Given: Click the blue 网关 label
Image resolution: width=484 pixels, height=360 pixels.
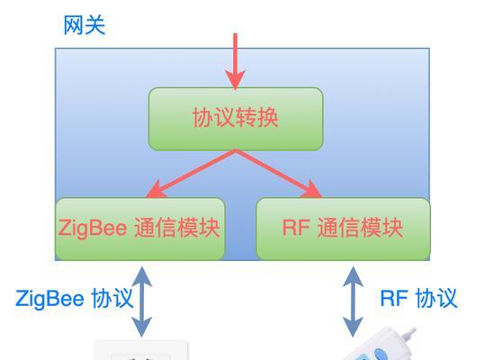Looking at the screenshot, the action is pyautogui.click(x=85, y=25).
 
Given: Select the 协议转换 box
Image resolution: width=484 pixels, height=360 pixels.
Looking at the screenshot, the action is pyautogui.click(x=236, y=119).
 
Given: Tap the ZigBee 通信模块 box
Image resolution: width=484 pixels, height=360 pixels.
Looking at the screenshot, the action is pyautogui.click(x=140, y=229).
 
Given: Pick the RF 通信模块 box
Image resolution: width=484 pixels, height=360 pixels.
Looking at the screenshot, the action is pyautogui.click(x=343, y=229).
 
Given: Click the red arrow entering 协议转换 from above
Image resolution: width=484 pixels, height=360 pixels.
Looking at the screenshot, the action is pyautogui.click(x=235, y=61).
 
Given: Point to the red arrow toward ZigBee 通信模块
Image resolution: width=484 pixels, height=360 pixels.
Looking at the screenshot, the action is pyautogui.click(x=191, y=174).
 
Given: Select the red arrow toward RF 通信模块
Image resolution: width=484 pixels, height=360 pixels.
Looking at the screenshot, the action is pyautogui.click(x=278, y=174).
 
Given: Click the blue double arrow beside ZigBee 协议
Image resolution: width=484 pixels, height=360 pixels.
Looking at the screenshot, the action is pyautogui.click(x=141, y=301).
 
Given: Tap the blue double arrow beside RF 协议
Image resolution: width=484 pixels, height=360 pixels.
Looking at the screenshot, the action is pyautogui.click(x=353, y=301).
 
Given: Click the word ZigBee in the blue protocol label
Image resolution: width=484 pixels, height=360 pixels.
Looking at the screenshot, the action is pyautogui.click(x=49, y=299).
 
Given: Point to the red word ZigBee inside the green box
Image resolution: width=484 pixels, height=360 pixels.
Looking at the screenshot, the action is pyautogui.click(x=93, y=229).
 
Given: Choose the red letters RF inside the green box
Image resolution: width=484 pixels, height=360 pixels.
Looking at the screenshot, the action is pyautogui.click(x=296, y=228).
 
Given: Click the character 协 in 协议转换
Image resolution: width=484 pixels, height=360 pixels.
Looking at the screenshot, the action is pyautogui.click(x=203, y=118).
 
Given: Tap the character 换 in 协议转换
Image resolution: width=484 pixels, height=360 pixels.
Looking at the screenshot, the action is pyautogui.click(x=268, y=118).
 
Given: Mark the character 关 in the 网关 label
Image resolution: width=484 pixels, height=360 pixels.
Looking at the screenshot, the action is pyautogui.click(x=95, y=25).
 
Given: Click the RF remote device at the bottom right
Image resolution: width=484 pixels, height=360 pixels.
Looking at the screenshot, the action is pyautogui.click(x=382, y=346).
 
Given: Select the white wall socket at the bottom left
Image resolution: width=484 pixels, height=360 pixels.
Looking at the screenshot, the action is pyautogui.click(x=140, y=350).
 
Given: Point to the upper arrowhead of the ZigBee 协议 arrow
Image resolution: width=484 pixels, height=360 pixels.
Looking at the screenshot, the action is pyautogui.click(x=141, y=276).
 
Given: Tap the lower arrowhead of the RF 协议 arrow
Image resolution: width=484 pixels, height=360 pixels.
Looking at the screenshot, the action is pyautogui.click(x=353, y=328).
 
